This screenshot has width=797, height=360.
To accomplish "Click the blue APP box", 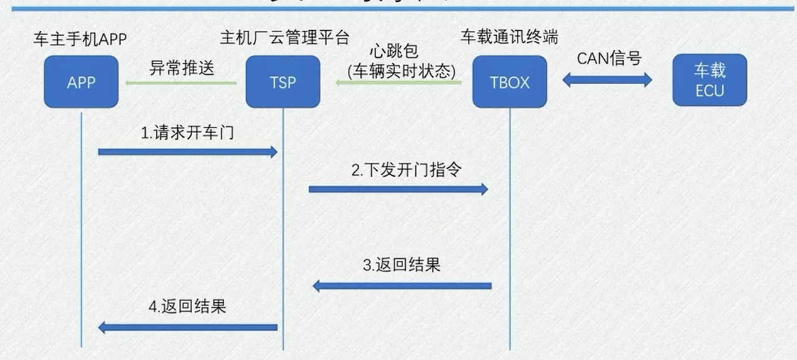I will point(81,82).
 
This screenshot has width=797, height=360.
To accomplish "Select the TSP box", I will point(283,82).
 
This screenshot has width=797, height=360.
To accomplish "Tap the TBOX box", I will point(509,82).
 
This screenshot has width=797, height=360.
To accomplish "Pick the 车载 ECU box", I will point(710,80).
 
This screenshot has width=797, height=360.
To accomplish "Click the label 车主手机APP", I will point(80,40).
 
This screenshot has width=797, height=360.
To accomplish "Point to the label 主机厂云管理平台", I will point(284,38).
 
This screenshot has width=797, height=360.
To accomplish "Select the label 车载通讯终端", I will point(508,37).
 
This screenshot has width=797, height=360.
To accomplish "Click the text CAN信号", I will point(609,58).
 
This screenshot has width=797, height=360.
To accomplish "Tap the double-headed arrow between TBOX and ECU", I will point(607,80).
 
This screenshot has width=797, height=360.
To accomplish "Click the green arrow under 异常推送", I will point(181,83).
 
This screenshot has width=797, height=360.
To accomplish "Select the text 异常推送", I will point(182,67).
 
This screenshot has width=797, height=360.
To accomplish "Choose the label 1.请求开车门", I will point(188,133).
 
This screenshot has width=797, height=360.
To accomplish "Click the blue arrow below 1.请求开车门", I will point(188,151).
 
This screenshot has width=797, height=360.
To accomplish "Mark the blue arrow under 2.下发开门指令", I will point(398,188).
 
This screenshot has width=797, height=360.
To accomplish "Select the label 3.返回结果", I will point(401,265).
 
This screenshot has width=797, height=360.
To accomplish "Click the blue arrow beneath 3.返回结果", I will point(402,286).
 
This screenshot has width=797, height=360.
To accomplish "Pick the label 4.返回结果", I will point(187,307).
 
